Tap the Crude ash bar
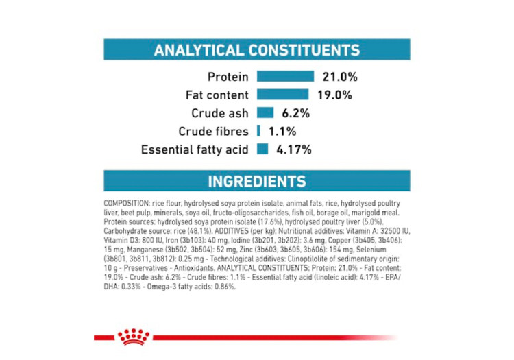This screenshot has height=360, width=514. pyautogui.click(x=265, y=112)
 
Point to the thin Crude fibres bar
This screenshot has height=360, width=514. pyautogui.click(x=258, y=130)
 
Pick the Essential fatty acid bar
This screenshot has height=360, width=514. pyautogui.click(x=262, y=149)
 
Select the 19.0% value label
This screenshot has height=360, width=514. pyautogui.click(x=334, y=95)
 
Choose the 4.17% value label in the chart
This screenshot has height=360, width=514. pyautogui.click(x=293, y=149)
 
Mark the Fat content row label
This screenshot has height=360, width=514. pyautogui.click(x=217, y=95)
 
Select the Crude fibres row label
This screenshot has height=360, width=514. pyautogui.click(x=213, y=130)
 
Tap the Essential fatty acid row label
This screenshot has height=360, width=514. pyautogui.click(x=195, y=149)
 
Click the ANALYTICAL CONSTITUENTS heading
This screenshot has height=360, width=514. pyautogui.click(x=257, y=50)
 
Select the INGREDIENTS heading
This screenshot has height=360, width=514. pyautogui.click(x=257, y=181)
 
